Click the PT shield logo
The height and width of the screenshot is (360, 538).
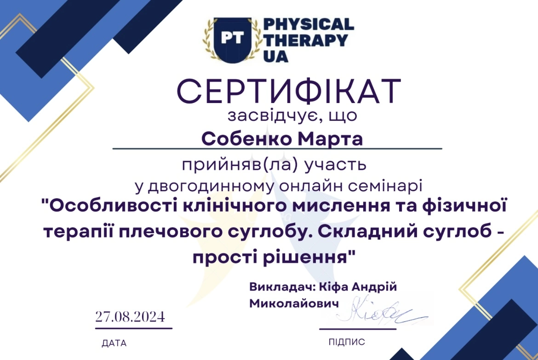point(233,40)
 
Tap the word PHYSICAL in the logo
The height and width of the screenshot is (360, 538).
point(309,24)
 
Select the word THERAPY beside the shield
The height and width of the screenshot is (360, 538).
point(306,40)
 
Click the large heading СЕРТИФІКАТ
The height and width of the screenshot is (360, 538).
point(289,91)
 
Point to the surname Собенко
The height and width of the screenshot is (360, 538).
point(246,139)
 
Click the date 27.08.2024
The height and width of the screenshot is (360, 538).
point(130,316)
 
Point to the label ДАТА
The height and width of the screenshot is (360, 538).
point(114,343)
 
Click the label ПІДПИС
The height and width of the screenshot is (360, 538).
point(347,342)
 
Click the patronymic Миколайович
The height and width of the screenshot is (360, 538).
point(294,304)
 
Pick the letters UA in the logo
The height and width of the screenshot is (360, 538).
point(276,56)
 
